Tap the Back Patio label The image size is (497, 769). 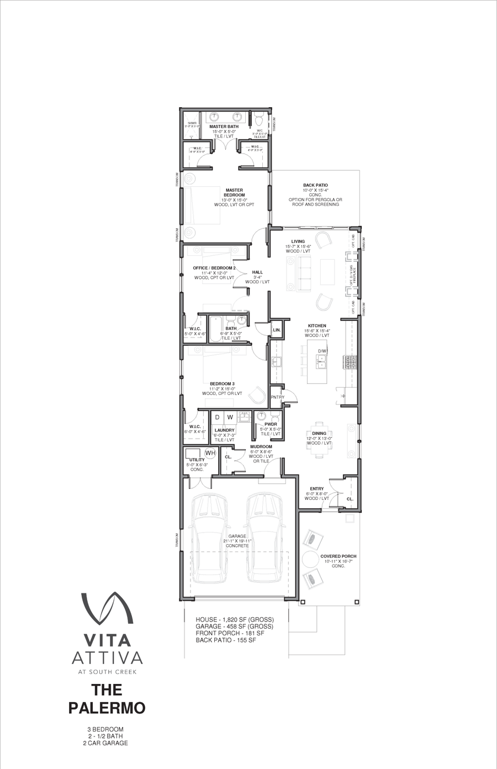tap(315, 186)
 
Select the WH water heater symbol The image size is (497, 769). tap(210, 453)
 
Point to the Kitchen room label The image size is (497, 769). tap(317, 326)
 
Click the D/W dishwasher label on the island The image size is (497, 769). tap(322, 351)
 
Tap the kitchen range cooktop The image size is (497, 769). tap(351, 362)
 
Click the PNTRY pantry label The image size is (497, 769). tap(277, 397)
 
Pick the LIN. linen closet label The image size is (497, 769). tap(277, 330)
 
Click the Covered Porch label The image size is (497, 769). tap(338, 556)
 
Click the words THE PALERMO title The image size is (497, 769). tap(107, 698)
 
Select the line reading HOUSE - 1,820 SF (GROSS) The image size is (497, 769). tap(234, 619)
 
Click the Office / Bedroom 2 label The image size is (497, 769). tap(214, 268)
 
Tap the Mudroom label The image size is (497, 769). tap(261, 446)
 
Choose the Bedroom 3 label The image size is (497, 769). tap(222, 383)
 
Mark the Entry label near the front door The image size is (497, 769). tap(317, 489)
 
